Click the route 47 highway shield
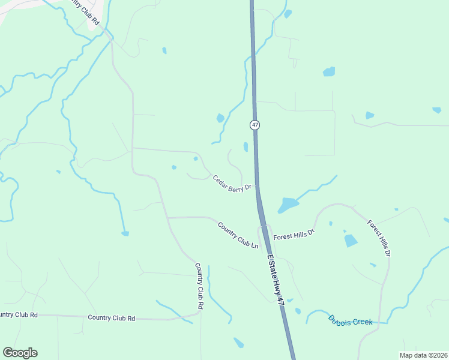pos(255,125)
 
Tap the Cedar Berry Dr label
pos(231,183)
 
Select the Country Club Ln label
pos(238,235)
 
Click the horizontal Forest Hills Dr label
pos(294,236)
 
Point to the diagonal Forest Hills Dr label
pos(379,239)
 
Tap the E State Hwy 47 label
pos(276,279)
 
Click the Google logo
pos(20,353)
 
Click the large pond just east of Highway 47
pos(288,205)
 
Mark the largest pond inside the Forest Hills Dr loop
pos(351,241)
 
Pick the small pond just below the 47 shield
pos(246,146)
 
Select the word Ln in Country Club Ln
pos(254,245)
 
